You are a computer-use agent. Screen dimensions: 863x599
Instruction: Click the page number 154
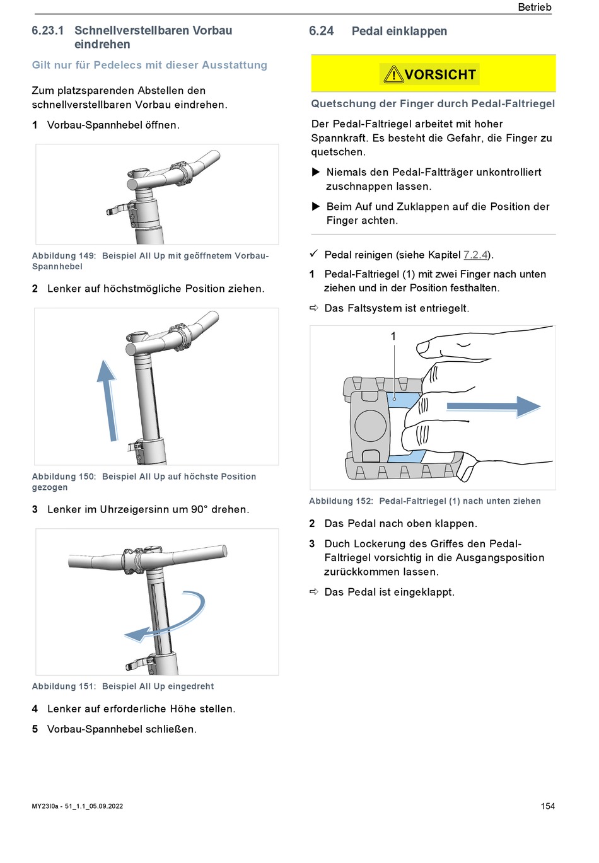(x=547, y=806)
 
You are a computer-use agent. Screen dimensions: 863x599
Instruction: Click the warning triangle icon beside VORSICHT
(x=393, y=75)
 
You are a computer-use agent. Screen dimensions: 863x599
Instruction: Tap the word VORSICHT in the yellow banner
(x=440, y=75)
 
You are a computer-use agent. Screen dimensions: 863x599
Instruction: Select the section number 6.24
(x=321, y=31)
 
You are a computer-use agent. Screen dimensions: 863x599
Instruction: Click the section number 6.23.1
(x=48, y=30)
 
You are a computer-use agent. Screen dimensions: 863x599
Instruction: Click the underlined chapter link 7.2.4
(x=475, y=255)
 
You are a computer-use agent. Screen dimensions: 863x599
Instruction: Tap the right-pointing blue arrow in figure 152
(x=494, y=407)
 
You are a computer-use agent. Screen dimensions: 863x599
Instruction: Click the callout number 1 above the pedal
(x=393, y=337)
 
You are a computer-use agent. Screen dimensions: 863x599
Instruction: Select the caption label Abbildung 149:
(x=64, y=256)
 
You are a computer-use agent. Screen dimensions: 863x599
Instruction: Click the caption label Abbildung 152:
(x=341, y=501)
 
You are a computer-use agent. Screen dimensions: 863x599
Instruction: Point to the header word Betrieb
(x=534, y=8)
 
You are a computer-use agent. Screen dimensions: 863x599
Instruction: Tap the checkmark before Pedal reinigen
(x=313, y=254)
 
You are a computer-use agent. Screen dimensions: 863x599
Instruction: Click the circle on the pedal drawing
(x=370, y=426)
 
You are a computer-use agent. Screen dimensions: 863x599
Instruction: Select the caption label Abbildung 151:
(x=64, y=686)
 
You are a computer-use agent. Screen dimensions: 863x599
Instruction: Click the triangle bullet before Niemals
(x=317, y=172)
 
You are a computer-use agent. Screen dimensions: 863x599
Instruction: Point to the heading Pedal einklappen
(x=399, y=31)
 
